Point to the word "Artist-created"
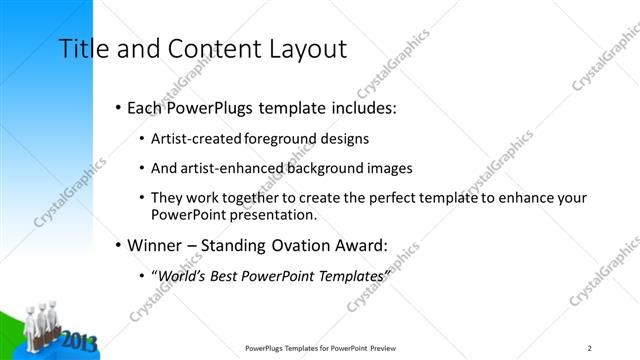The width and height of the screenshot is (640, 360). click(194, 139)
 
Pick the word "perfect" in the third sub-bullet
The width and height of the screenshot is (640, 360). click(376, 198)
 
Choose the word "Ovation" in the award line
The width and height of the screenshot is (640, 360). click(296, 244)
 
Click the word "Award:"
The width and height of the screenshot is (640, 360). click(362, 244)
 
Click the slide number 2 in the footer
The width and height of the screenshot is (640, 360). click(590, 348)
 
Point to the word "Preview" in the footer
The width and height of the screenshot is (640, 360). click(388, 348)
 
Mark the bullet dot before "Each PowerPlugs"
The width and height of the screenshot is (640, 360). click(118, 105)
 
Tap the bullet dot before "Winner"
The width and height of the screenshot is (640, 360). click(118, 244)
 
